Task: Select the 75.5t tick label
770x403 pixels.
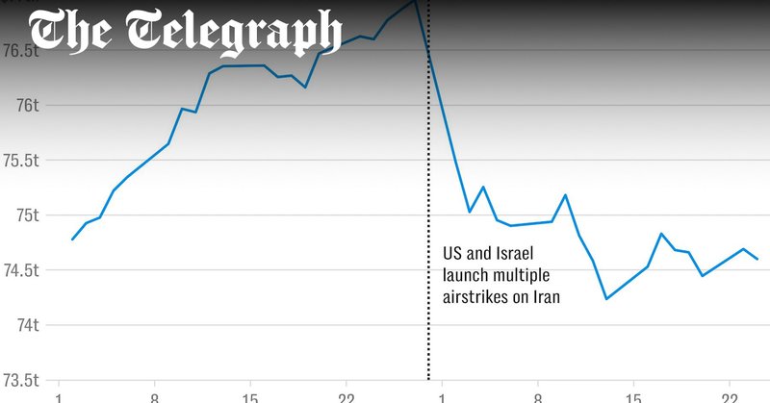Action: pyautogui.click(x=20, y=160)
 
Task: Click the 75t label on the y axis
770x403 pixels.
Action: pyautogui.click(x=22, y=214)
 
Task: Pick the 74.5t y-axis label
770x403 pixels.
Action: pyautogui.click(x=20, y=269)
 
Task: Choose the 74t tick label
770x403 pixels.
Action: pyautogui.click(x=22, y=324)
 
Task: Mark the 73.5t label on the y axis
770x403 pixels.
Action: pyautogui.click(x=20, y=379)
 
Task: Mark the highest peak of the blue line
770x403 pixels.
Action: pyautogui.click(x=414, y=1)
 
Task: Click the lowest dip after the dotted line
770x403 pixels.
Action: pyautogui.click(x=606, y=298)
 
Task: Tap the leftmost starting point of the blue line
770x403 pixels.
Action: pyautogui.click(x=72, y=239)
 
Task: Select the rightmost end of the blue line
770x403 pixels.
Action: pyautogui.click(x=757, y=259)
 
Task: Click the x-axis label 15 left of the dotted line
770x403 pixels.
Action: pyautogui.click(x=250, y=395)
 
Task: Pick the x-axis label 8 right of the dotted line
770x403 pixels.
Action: pyautogui.click(x=538, y=395)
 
